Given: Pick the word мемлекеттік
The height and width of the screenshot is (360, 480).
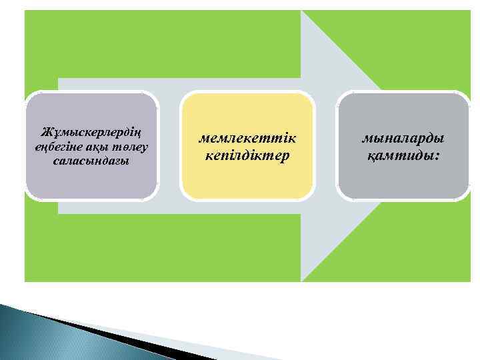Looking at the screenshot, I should pyautogui.click(x=247, y=138).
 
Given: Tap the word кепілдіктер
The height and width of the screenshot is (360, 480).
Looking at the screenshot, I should pyautogui.click(x=247, y=155).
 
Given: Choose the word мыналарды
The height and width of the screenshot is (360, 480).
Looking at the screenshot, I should pyautogui.click(x=403, y=138).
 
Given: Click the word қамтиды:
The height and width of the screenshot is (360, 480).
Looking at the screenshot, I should pyautogui.click(x=403, y=155).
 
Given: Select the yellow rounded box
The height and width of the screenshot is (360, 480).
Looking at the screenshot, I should pyautogui.click(x=247, y=180).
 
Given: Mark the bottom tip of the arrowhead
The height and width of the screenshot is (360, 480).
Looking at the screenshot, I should pyautogui.click(x=302, y=279).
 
